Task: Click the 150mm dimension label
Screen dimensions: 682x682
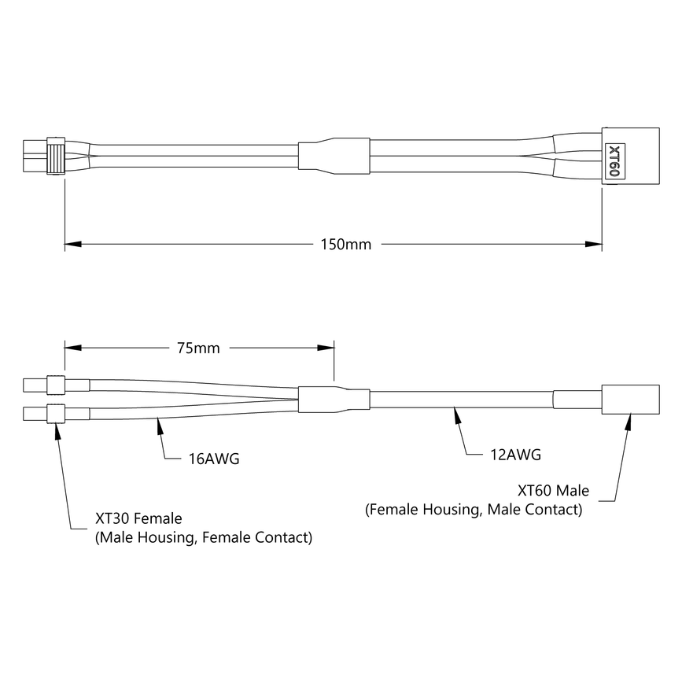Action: (x=346, y=245)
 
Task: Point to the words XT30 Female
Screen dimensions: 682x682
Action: (x=138, y=519)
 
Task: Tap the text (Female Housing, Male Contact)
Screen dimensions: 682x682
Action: (x=474, y=510)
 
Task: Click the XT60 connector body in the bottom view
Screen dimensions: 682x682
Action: (x=629, y=400)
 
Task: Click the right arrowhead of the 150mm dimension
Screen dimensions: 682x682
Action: (x=595, y=245)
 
